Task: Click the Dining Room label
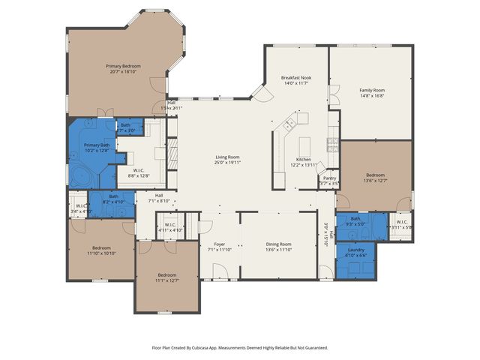click(278, 244)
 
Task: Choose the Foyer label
click(220, 244)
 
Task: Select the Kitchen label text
click(303, 159)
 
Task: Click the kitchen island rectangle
click(305, 144)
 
